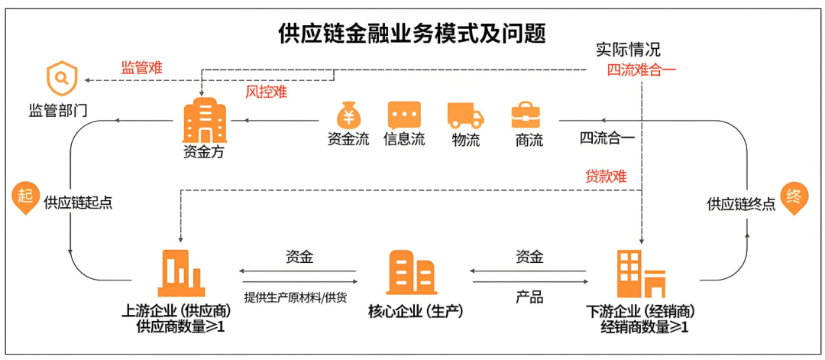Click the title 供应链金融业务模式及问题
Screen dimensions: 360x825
(x=412, y=34)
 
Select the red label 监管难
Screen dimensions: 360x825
(x=142, y=67)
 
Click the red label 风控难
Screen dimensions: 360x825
(x=266, y=92)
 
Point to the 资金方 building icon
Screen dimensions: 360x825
(x=204, y=119)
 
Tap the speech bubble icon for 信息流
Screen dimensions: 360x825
(x=404, y=115)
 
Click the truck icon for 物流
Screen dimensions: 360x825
(x=466, y=115)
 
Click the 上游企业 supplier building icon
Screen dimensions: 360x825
(x=181, y=273)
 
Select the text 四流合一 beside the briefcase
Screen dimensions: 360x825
(x=608, y=138)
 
